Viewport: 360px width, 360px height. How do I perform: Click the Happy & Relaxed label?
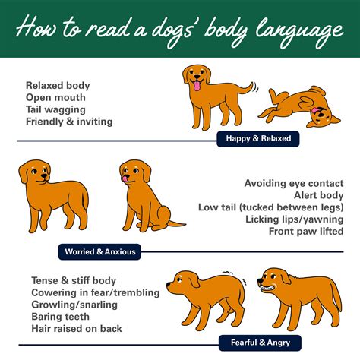click(258, 139)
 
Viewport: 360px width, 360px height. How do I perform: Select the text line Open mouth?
click(55, 98)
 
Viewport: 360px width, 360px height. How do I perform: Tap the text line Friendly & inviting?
click(68, 122)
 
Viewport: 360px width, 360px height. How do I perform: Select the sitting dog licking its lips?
click(144, 194)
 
